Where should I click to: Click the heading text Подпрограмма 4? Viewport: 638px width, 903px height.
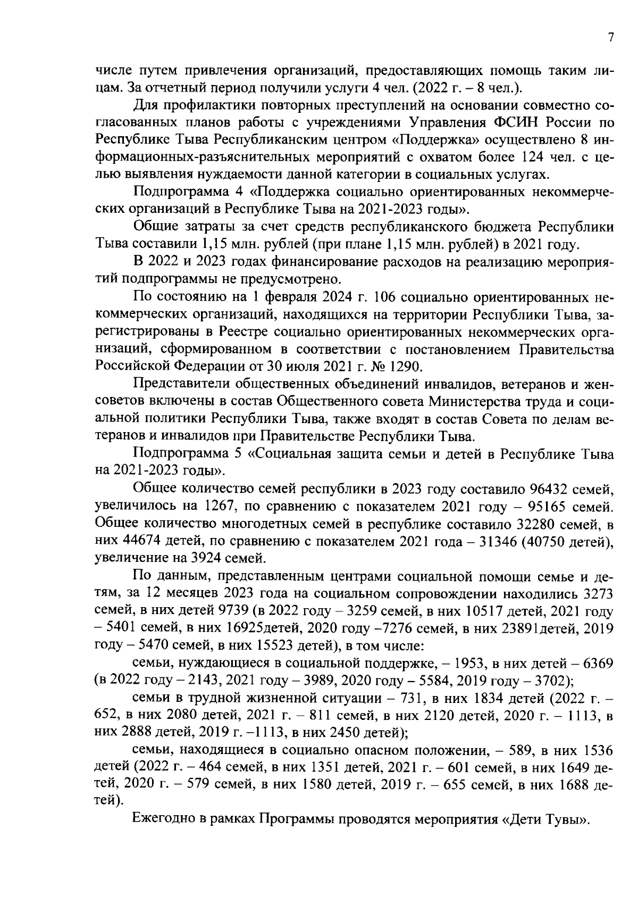[x=179, y=192]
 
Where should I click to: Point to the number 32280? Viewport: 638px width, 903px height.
[x=538, y=524]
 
